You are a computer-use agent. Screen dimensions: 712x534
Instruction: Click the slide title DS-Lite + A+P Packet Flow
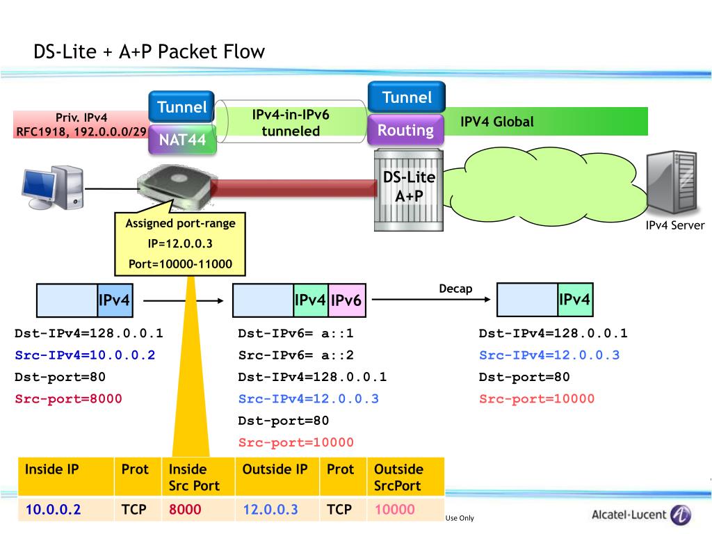(x=149, y=51)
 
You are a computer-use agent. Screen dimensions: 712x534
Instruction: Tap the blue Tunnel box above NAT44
(x=181, y=106)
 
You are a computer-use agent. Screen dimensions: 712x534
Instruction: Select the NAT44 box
(x=182, y=139)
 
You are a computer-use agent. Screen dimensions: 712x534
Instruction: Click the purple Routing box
(x=405, y=130)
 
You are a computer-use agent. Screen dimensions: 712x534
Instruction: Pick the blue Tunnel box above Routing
(x=407, y=97)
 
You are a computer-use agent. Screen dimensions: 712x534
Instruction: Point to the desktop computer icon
(x=53, y=188)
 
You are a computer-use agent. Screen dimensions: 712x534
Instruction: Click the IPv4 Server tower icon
(x=672, y=183)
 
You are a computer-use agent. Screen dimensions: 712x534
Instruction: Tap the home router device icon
(x=175, y=186)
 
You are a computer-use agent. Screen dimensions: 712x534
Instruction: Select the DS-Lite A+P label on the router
(x=409, y=186)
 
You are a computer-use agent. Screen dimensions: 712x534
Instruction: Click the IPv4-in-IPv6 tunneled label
(x=291, y=122)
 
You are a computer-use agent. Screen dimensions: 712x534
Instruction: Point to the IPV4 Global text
(x=496, y=122)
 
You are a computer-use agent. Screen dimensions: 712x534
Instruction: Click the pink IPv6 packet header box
(x=346, y=300)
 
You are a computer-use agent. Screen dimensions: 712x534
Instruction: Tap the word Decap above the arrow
(x=455, y=289)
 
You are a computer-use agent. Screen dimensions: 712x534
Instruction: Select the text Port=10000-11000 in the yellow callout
(x=180, y=264)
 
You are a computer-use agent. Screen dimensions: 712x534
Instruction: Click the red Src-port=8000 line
(x=68, y=398)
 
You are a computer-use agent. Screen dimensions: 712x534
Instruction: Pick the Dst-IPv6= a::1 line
(x=296, y=333)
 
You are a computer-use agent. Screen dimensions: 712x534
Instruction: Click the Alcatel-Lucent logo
(x=641, y=515)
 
